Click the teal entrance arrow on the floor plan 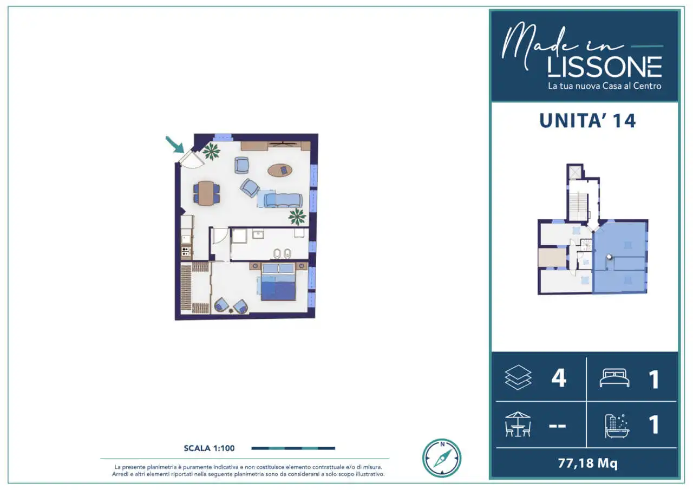tap(175, 145)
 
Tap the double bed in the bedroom tap(278, 282)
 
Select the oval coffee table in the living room tap(280, 170)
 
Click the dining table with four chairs tap(207, 193)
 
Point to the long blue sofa tap(284, 200)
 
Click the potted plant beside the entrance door tap(211, 152)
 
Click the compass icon tap(442, 458)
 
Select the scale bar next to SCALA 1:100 tap(293, 448)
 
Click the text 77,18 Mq tap(588, 463)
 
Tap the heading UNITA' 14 tap(587, 121)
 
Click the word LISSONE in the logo tap(605, 67)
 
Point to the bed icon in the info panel tap(614, 378)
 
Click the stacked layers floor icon tap(518, 377)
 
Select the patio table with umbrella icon tap(518, 424)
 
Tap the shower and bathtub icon tap(617, 426)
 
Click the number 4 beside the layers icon tap(559, 378)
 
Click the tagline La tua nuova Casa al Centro tap(605, 86)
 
